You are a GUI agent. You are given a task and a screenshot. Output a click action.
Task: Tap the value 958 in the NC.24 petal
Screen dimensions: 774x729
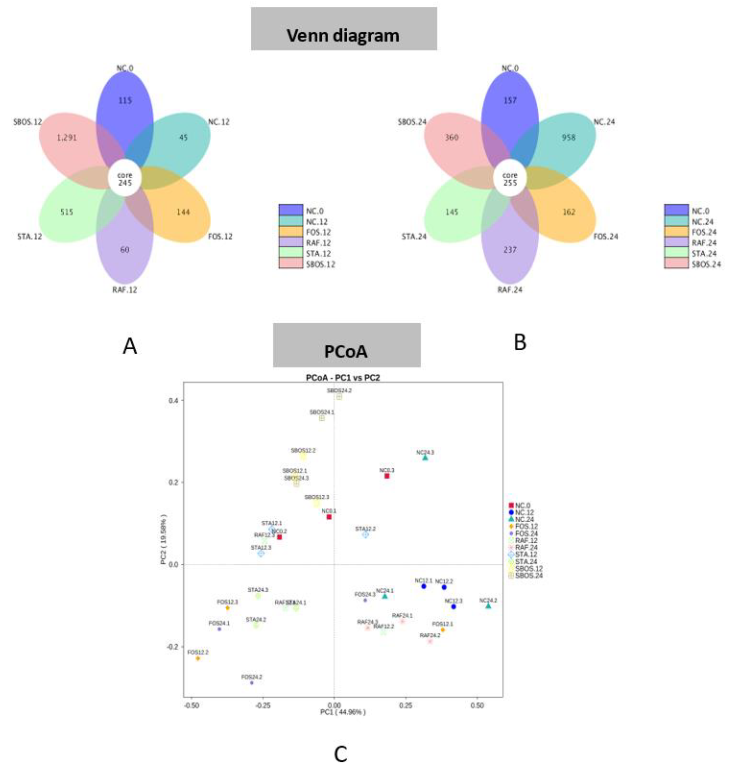[x=568, y=137]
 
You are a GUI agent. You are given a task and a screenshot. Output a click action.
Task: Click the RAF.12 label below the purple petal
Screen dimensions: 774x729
[x=125, y=290]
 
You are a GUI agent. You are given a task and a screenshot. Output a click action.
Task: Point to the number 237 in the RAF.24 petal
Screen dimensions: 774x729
[x=510, y=250]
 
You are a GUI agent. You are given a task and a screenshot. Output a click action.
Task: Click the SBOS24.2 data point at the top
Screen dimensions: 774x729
[x=339, y=397]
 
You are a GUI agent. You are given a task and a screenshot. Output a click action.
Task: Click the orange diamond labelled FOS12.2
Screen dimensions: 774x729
[x=198, y=658]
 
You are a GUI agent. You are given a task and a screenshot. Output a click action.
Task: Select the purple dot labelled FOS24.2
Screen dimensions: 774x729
[x=251, y=683]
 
